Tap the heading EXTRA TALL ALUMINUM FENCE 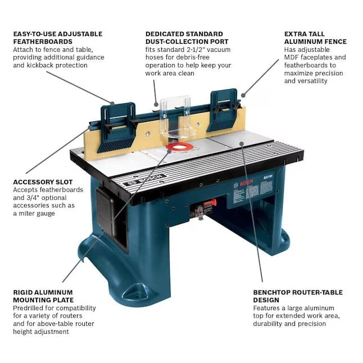pos(315,38)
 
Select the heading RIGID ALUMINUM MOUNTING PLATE pos(43,296)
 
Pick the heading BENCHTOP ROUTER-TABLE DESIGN pos(297,296)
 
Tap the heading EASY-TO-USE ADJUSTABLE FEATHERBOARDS pos(57,38)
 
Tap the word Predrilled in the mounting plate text pos(30,308)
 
